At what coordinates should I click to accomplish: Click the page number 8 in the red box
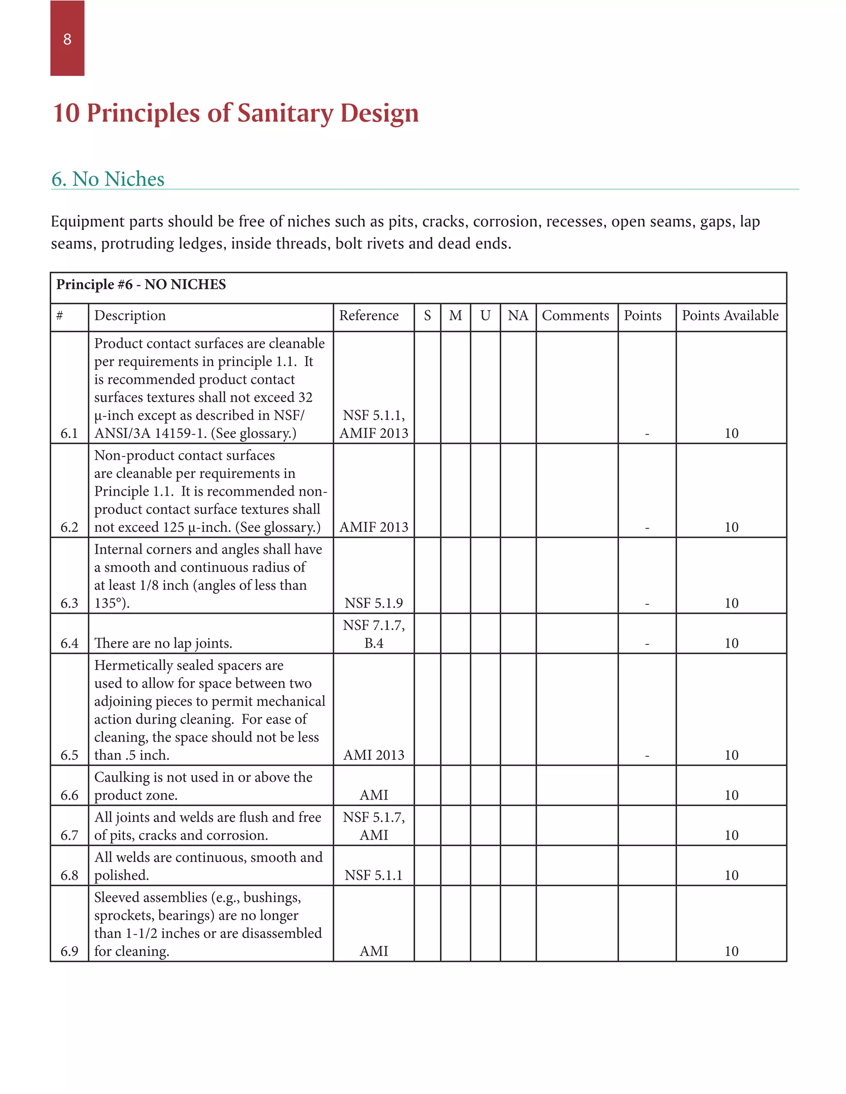(67, 39)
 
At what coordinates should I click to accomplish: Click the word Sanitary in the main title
(285, 113)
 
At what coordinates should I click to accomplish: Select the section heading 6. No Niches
(108, 179)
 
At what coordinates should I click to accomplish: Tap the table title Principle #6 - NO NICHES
(141, 284)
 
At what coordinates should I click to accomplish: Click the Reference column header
(368, 315)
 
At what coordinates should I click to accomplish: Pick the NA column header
(518, 315)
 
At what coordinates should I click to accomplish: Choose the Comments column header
(575, 315)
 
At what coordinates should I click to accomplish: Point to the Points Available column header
(730, 315)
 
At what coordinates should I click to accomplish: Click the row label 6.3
(69, 603)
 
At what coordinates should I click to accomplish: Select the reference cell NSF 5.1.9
(373, 603)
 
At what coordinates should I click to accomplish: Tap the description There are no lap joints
(163, 643)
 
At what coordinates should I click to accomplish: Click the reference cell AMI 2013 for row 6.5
(373, 755)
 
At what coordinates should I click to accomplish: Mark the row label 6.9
(69, 951)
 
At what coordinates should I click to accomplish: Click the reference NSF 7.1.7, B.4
(373, 634)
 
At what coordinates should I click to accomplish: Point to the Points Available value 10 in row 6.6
(731, 795)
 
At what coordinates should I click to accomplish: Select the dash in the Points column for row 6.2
(647, 528)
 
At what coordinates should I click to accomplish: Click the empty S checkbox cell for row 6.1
(427, 387)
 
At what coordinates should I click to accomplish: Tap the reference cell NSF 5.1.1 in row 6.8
(373, 875)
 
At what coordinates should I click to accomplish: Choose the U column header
(485, 315)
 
